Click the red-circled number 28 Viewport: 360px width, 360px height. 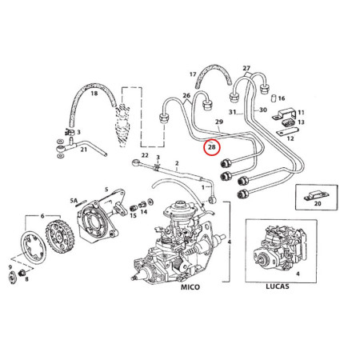[x=212, y=147]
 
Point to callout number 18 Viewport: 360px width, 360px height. [x=94, y=94]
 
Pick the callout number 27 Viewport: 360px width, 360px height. [x=246, y=68]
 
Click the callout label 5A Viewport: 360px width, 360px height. [x=73, y=201]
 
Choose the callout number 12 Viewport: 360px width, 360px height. [x=290, y=138]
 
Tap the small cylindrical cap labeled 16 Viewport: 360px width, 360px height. [x=270, y=98]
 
